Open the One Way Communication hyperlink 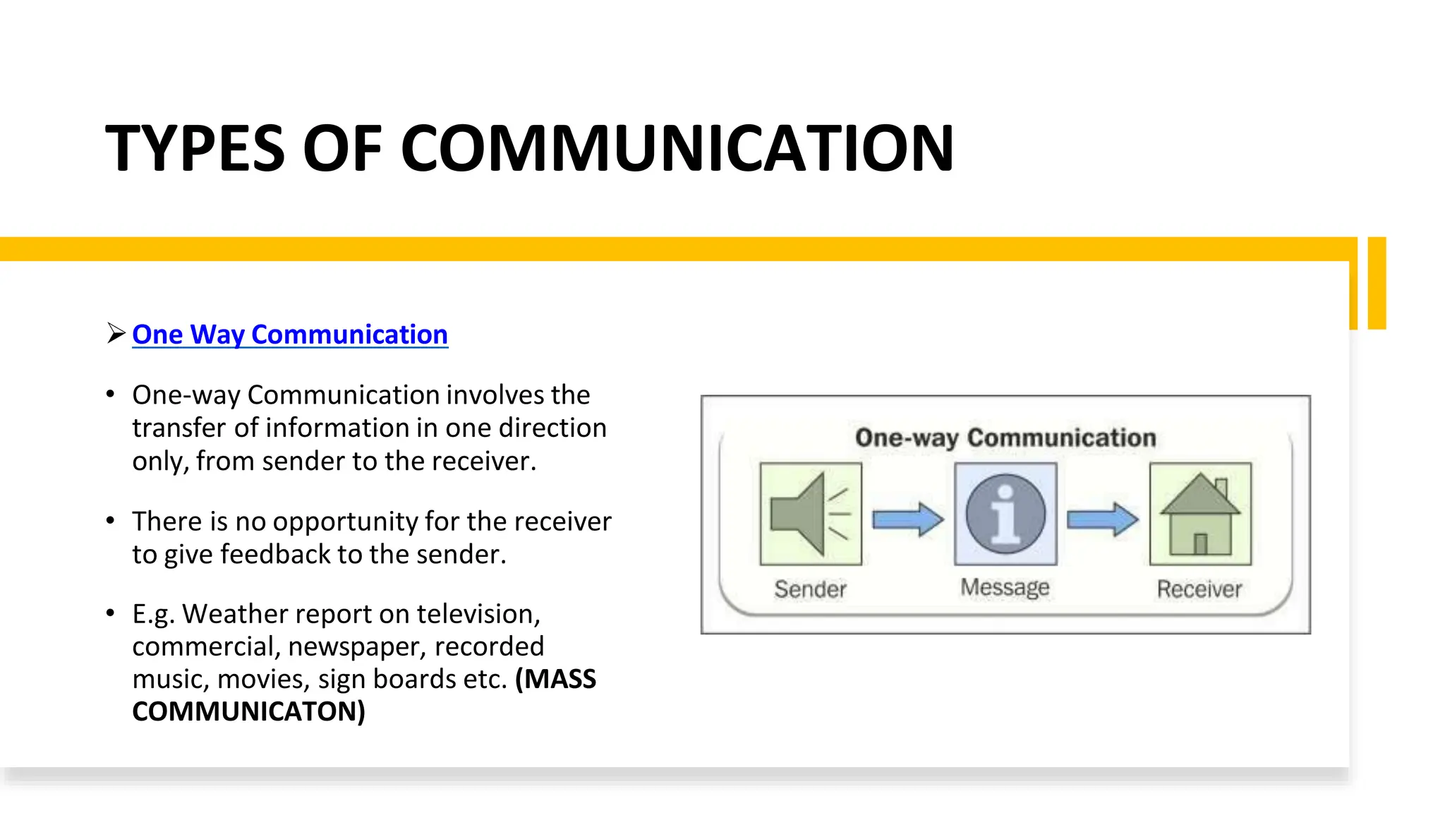289,335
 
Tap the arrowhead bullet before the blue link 116,332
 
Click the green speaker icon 810,514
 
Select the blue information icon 1005,514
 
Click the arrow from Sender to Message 907,520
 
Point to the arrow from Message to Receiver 1102,520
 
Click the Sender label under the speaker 810,589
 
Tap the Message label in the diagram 1005,587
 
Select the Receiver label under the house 1199,589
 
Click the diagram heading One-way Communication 1005,438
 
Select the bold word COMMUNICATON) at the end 248,711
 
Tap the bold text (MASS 555,679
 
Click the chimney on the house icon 1221,487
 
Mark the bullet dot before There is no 110,521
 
